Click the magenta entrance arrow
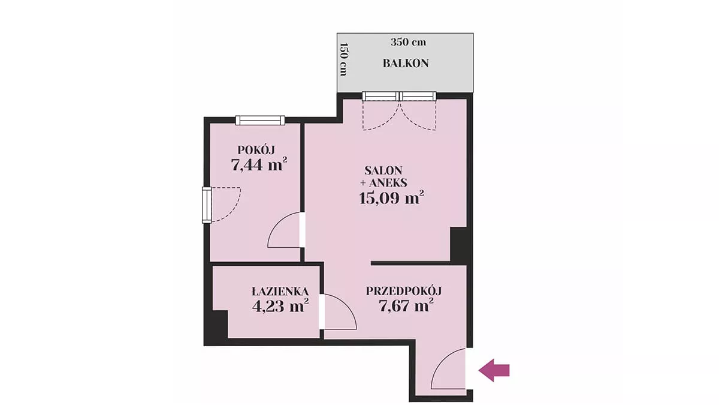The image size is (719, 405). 494,370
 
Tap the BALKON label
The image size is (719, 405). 406,64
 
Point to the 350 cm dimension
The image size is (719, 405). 408,42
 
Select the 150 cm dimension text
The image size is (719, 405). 343,59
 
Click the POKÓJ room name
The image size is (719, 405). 256,149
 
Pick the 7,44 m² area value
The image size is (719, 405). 259,164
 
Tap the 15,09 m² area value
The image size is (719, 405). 391,197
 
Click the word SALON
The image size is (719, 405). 383,170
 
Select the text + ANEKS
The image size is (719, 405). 383,183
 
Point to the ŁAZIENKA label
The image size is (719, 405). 280,292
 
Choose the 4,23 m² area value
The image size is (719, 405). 280,305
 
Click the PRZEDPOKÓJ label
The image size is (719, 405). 404,291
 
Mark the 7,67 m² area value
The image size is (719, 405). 406,305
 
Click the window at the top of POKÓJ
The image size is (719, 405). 260,120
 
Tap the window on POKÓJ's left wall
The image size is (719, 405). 207,205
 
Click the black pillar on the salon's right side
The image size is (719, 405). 458,244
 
